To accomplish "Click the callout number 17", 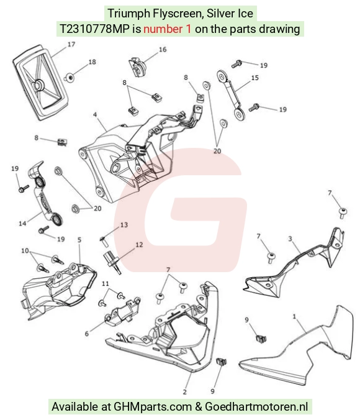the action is click(x=71, y=44).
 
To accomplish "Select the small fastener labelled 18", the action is click(x=70, y=78).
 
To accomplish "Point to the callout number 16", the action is click(x=163, y=50).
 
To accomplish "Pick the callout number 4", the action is click(x=95, y=115).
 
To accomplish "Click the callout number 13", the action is click(x=124, y=225).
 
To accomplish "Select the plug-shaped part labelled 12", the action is click(x=112, y=263).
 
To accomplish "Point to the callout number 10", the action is click(x=25, y=251).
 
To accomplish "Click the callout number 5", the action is click(x=79, y=240).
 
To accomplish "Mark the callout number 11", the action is click(x=106, y=284).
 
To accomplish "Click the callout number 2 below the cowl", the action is click(x=185, y=392).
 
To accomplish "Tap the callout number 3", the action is click(x=290, y=239).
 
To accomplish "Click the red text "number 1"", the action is click(x=168, y=29).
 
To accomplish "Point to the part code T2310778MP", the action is click(x=94, y=29).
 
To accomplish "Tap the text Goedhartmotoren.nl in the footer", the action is click(x=256, y=406).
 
